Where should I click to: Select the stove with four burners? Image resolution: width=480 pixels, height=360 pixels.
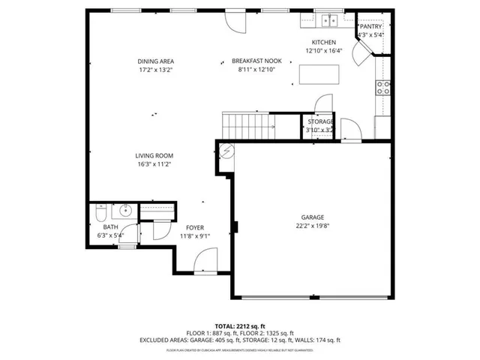click(383, 87)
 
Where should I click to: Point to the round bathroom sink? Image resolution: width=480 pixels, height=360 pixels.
click(125, 210)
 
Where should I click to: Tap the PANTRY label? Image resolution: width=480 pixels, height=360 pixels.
click(370, 26)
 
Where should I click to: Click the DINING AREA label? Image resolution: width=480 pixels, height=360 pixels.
click(155, 61)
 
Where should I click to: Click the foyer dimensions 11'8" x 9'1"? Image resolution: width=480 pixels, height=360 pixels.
click(195, 235)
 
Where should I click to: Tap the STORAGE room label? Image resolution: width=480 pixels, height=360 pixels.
click(320, 121)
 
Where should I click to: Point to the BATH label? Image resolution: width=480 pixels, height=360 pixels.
click(111, 226)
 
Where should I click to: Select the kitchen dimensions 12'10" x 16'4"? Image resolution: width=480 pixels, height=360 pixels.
click(323, 51)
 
